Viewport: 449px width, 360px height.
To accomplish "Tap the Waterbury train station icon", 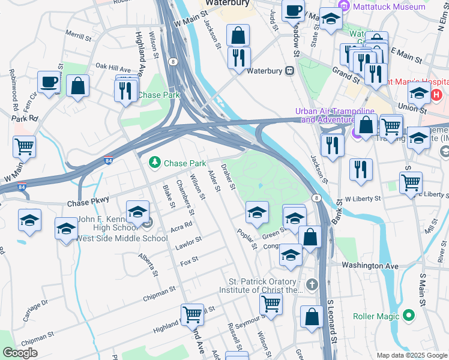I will tap(289, 70).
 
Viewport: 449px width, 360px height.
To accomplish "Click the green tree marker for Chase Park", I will tap(155, 163).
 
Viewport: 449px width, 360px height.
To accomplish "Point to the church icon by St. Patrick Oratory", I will tap(311, 284).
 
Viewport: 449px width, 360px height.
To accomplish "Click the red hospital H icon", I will tap(436, 94).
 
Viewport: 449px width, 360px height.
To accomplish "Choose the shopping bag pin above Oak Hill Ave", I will tap(78, 86).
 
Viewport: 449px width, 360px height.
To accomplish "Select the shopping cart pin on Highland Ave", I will tap(192, 314).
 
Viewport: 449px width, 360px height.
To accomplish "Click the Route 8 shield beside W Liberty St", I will tap(316, 197).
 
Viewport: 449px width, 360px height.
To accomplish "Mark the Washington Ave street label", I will tap(370, 265).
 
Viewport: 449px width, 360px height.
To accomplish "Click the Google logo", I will tap(20, 353).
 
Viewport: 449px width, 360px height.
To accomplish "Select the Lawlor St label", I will tap(188, 243).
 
